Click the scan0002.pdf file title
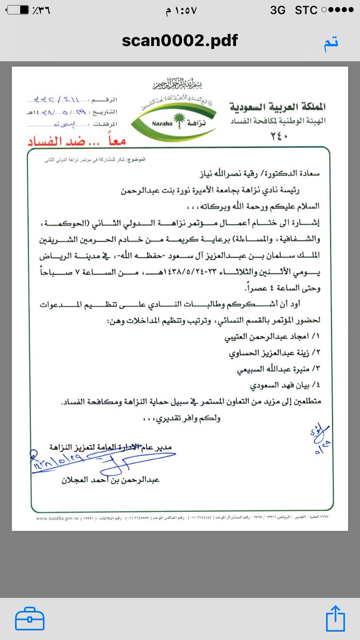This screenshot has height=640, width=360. tap(180, 41)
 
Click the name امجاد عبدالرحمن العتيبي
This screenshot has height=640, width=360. tap(277, 338)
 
